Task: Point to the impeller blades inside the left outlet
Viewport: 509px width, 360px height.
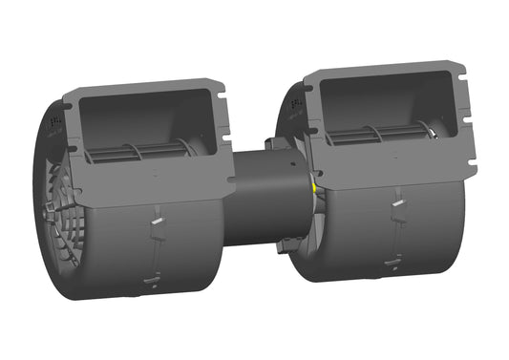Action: coord(143,150)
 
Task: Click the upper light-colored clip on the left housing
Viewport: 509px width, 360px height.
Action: coord(156,222)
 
